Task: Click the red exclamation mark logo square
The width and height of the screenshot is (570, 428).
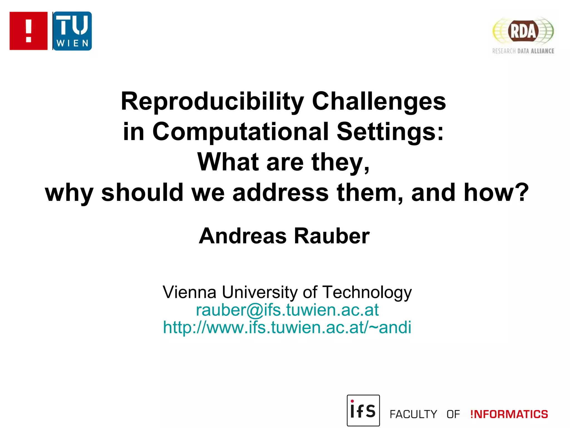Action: click(28, 31)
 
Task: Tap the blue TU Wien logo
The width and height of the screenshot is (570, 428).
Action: click(72, 31)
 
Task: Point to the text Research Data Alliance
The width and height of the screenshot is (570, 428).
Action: click(523, 51)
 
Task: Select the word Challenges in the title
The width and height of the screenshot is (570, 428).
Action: click(379, 101)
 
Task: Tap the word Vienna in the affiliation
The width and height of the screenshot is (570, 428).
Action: click(190, 292)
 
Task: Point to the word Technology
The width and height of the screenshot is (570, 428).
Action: click(367, 293)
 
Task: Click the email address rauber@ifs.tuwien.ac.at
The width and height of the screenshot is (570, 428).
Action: click(287, 310)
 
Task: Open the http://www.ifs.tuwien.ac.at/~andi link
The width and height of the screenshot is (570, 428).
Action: click(287, 327)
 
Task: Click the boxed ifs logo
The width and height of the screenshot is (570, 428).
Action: click(363, 410)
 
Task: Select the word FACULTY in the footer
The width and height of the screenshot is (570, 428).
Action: click(413, 414)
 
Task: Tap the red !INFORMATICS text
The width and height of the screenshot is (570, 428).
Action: click(509, 414)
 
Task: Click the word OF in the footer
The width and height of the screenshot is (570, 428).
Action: click(453, 414)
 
